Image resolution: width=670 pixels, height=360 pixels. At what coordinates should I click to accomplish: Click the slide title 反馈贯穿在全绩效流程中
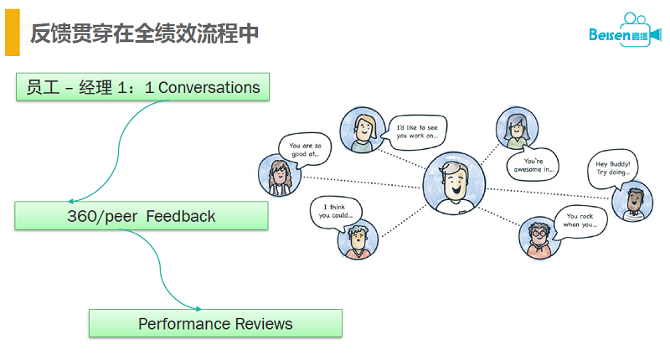pyautogui.click(x=144, y=33)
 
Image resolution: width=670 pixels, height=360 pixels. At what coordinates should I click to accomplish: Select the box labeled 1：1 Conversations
pyautogui.click(x=143, y=87)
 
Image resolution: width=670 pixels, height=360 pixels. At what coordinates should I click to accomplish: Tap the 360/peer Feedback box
pyautogui.click(x=142, y=216)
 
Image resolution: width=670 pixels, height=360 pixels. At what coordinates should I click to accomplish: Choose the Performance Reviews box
pyautogui.click(x=215, y=323)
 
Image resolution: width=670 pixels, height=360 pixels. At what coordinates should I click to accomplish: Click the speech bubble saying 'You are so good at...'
pyautogui.click(x=305, y=149)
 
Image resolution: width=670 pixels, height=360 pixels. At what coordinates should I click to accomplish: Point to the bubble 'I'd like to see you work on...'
pyautogui.click(x=416, y=131)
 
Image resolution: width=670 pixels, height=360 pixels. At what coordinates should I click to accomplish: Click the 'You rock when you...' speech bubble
pyautogui.click(x=579, y=219)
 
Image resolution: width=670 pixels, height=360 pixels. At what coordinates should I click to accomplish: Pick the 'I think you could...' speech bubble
pyautogui.click(x=335, y=210)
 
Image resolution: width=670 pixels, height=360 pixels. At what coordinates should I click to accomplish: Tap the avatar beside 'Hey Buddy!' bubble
pyautogui.click(x=633, y=201)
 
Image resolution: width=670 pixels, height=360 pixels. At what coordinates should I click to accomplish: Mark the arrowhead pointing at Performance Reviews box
pyautogui.click(x=198, y=310)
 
